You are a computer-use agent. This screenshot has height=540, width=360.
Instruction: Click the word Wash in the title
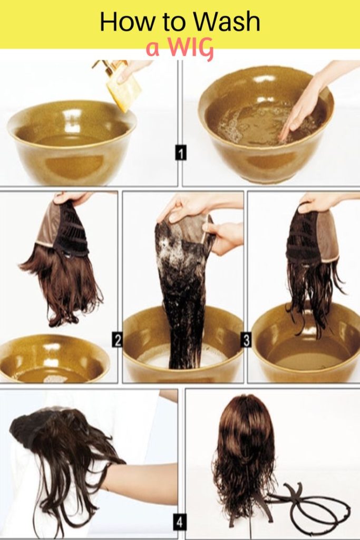(x=227, y=22)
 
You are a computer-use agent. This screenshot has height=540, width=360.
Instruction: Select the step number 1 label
(x=180, y=153)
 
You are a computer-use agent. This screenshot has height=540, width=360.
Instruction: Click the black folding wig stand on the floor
(x=311, y=506)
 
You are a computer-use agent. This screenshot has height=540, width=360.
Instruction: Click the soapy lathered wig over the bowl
(x=182, y=285)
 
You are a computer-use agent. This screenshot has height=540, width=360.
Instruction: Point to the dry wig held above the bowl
(x=66, y=264)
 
